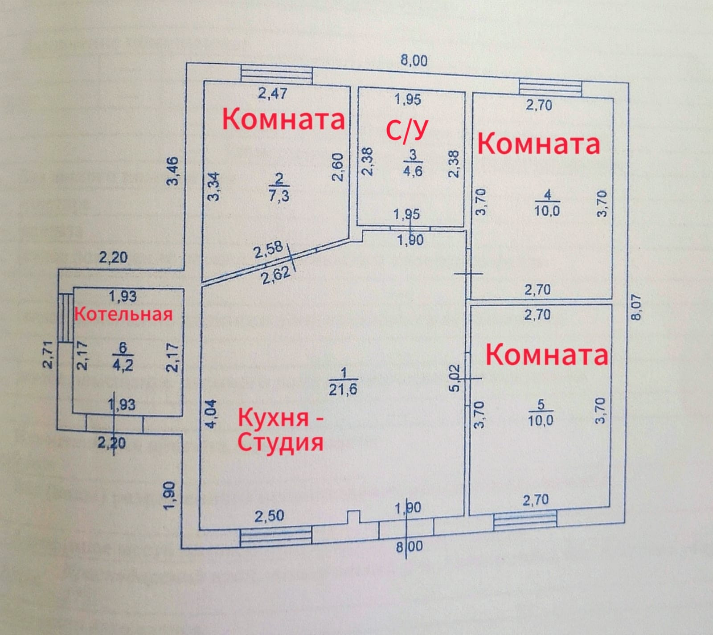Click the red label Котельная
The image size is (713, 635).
(x=123, y=315)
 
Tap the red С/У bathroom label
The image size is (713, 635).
(x=407, y=130)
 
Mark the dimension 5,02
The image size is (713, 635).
(x=455, y=378)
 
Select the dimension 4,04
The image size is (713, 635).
(x=212, y=413)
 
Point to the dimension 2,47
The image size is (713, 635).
(x=273, y=94)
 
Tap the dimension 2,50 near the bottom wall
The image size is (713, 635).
(x=269, y=516)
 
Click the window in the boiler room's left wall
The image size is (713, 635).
(x=66, y=317)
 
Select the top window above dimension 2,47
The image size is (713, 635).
(x=277, y=74)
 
